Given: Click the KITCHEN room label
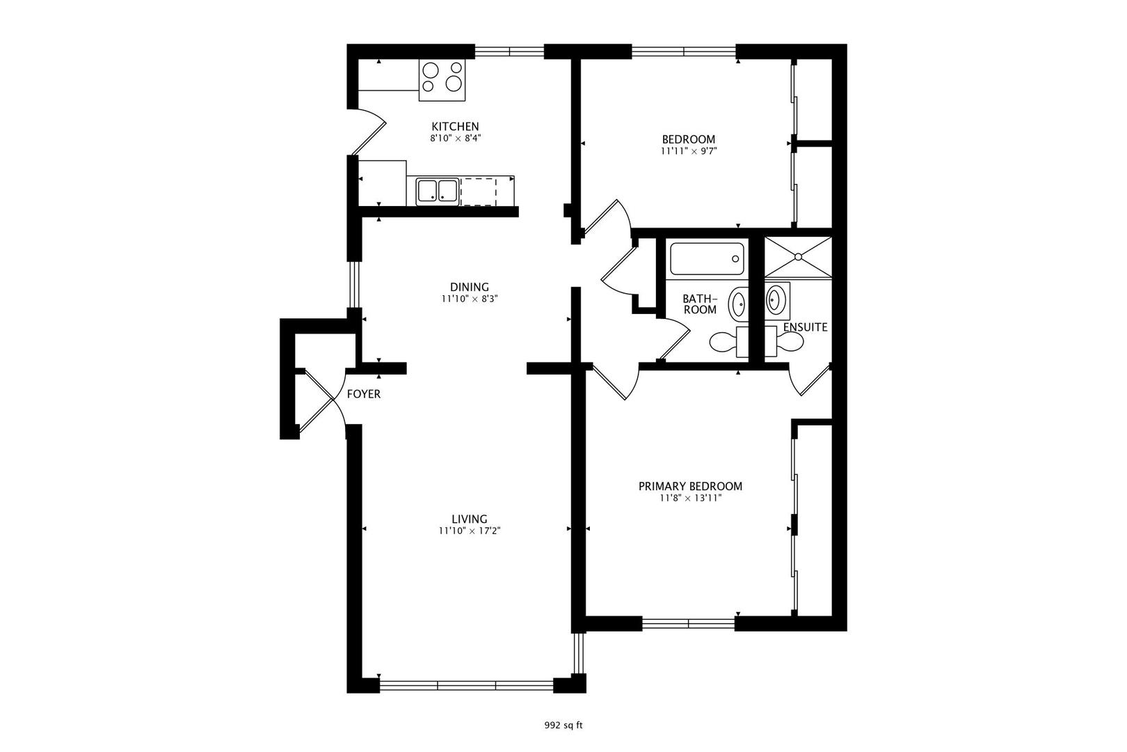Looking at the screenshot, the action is (x=456, y=127).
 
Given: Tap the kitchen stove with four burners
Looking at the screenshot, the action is (x=442, y=80).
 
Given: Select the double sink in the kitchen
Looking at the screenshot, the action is (x=437, y=192).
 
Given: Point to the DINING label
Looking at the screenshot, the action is (x=470, y=287).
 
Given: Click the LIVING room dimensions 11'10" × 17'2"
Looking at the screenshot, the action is (x=470, y=531).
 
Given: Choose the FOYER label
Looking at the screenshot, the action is (x=364, y=394).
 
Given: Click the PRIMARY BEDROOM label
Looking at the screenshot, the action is (x=690, y=487).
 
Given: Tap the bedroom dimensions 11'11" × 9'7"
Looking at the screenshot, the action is (x=688, y=150).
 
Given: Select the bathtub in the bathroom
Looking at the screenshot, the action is (x=707, y=259).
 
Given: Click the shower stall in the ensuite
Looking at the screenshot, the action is (x=798, y=257).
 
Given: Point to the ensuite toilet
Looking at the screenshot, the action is (x=784, y=341).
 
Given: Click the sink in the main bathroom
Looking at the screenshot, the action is (x=739, y=304).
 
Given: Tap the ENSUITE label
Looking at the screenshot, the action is (x=805, y=327).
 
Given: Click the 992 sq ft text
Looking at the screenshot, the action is (x=563, y=726).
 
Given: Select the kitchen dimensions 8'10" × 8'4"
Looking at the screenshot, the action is (x=456, y=138).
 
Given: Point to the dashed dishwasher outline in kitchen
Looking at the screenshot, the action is (x=479, y=191).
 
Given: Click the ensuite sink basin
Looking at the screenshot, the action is (x=775, y=299).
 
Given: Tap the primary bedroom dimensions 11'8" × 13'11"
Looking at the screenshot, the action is (x=690, y=498).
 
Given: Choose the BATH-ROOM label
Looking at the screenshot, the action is (x=700, y=304).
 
